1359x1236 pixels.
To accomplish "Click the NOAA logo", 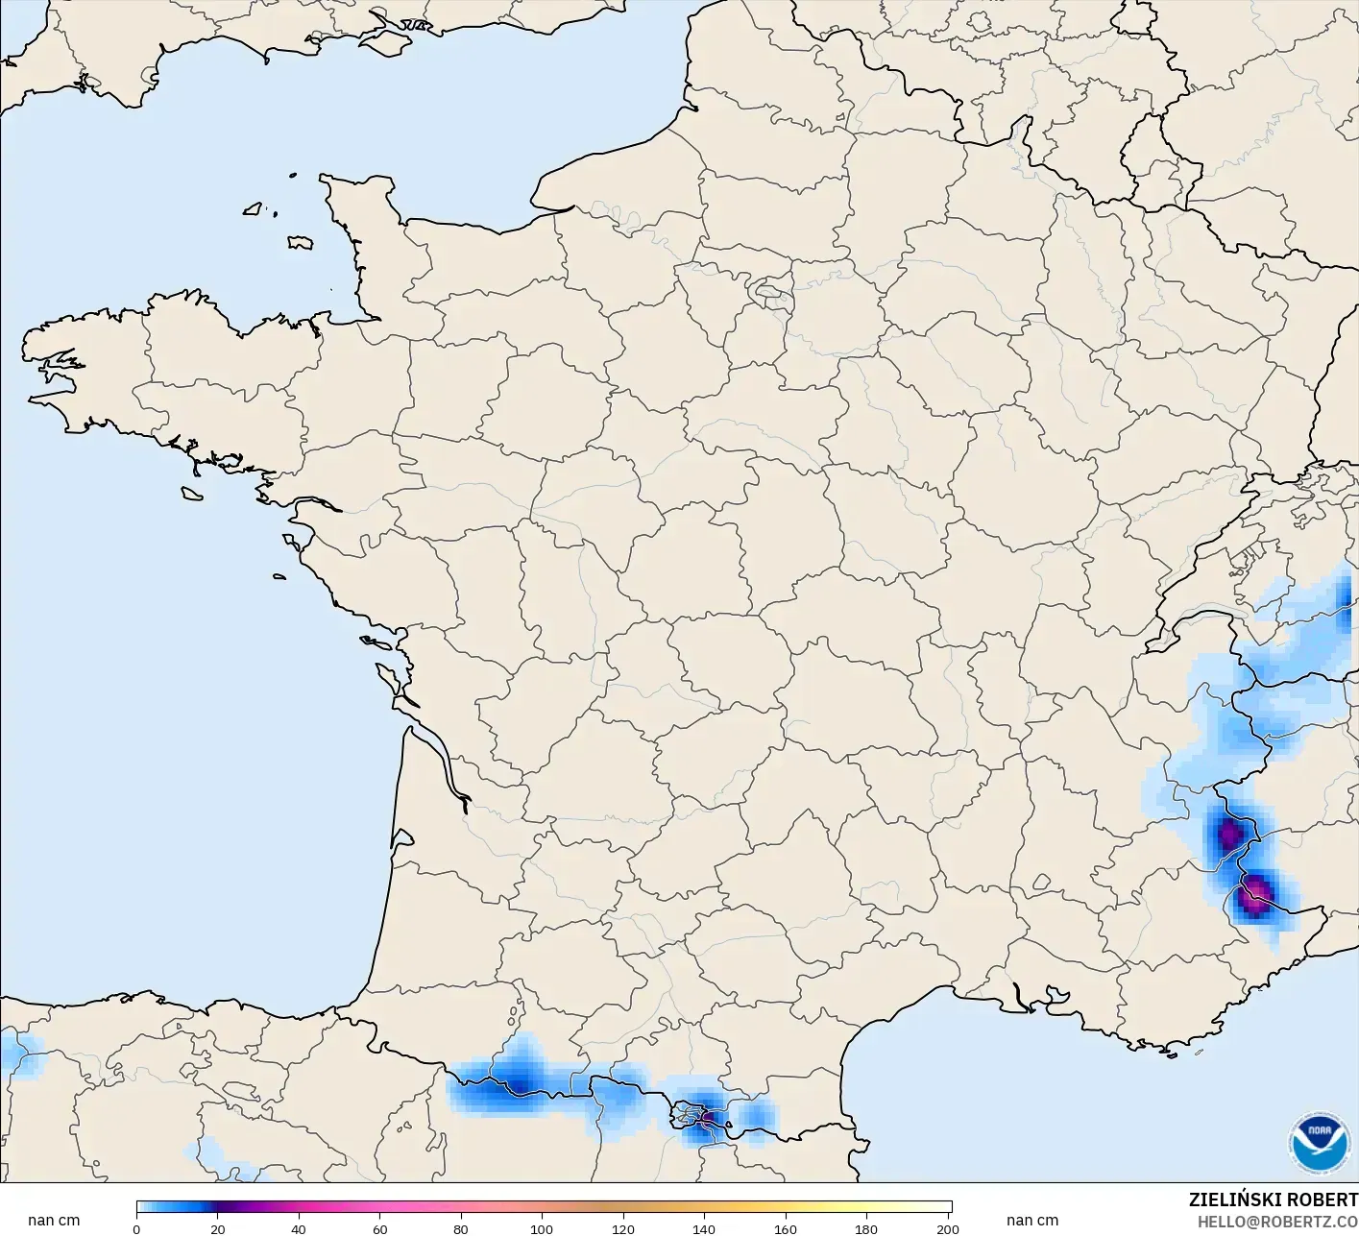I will [1319, 1144].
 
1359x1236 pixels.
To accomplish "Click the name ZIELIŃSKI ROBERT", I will [1273, 1200].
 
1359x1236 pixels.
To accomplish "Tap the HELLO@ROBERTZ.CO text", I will [1276, 1222].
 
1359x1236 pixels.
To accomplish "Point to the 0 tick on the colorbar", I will [136, 1229].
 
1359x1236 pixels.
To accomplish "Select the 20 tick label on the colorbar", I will [218, 1229].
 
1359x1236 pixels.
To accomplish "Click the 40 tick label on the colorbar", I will [299, 1229].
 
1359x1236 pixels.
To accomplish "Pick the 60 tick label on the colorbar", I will [380, 1229].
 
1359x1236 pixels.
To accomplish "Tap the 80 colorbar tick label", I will [461, 1229].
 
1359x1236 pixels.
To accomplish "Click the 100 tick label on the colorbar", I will [543, 1229].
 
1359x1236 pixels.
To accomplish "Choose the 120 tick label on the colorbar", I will [623, 1229].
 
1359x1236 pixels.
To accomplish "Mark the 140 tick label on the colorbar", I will [705, 1229].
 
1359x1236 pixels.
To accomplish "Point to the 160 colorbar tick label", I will [786, 1229].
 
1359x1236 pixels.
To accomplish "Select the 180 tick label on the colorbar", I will [867, 1229].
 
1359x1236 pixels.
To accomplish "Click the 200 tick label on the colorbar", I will [948, 1229].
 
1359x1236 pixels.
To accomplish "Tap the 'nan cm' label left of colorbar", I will [54, 1221].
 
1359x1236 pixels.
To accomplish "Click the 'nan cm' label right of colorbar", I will [1032, 1221].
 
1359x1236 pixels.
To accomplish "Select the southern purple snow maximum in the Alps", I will [1254, 898].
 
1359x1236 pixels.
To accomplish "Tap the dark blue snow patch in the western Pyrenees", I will [516, 1083].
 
